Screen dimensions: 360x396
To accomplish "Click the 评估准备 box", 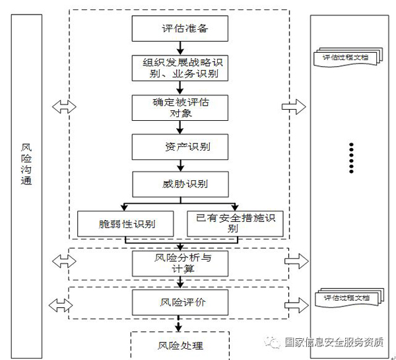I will [x=180, y=29].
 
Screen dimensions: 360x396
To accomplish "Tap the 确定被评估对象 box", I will [x=180, y=107].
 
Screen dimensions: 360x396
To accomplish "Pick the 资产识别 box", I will [x=180, y=145].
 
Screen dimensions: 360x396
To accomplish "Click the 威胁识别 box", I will [x=180, y=183].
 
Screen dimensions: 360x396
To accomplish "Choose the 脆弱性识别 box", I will [x=125, y=223].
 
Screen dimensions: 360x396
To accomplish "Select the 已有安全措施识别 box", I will [x=235, y=223].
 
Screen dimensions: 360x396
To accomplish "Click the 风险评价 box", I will [x=180, y=303].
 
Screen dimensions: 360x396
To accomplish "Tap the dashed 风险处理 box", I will [x=180, y=345].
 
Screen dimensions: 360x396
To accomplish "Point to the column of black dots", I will [x=351, y=157].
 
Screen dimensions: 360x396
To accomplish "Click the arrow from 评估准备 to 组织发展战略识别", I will [x=180, y=48].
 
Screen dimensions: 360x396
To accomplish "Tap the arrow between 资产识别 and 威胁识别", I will [x=180, y=164].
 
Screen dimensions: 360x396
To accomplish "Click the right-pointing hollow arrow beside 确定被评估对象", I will [x=292, y=106].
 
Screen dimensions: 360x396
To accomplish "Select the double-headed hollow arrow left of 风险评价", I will [x=61, y=305].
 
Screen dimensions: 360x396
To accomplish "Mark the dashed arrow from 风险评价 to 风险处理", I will [x=180, y=324].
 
